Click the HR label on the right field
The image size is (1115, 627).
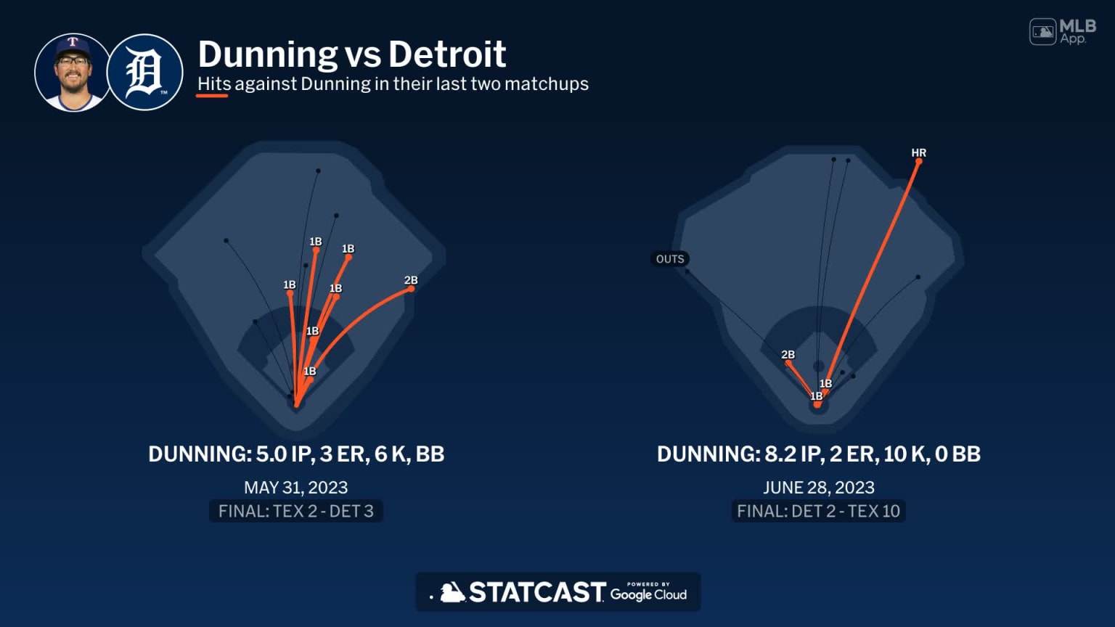click(918, 152)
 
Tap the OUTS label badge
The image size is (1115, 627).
click(669, 259)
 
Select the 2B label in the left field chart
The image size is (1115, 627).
click(411, 280)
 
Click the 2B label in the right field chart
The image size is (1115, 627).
click(788, 355)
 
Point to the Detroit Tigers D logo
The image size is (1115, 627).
click(144, 72)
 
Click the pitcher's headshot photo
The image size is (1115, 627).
click(72, 72)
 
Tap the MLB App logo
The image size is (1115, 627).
click(1062, 32)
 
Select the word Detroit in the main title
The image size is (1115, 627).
click(446, 54)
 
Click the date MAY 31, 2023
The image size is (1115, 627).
click(295, 488)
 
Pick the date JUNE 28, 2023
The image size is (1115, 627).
click(818, 488)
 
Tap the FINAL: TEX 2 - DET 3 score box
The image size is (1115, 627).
click(295, 511)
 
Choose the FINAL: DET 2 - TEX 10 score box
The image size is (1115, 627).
click(818, 511)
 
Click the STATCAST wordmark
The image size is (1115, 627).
click(536, 592)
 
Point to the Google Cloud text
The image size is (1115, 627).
click(648, 594)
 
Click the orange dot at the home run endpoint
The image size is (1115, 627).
click(918, 162)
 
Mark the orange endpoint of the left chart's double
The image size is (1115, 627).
click(411, 289)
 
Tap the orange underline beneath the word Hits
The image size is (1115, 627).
click(212, 96)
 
